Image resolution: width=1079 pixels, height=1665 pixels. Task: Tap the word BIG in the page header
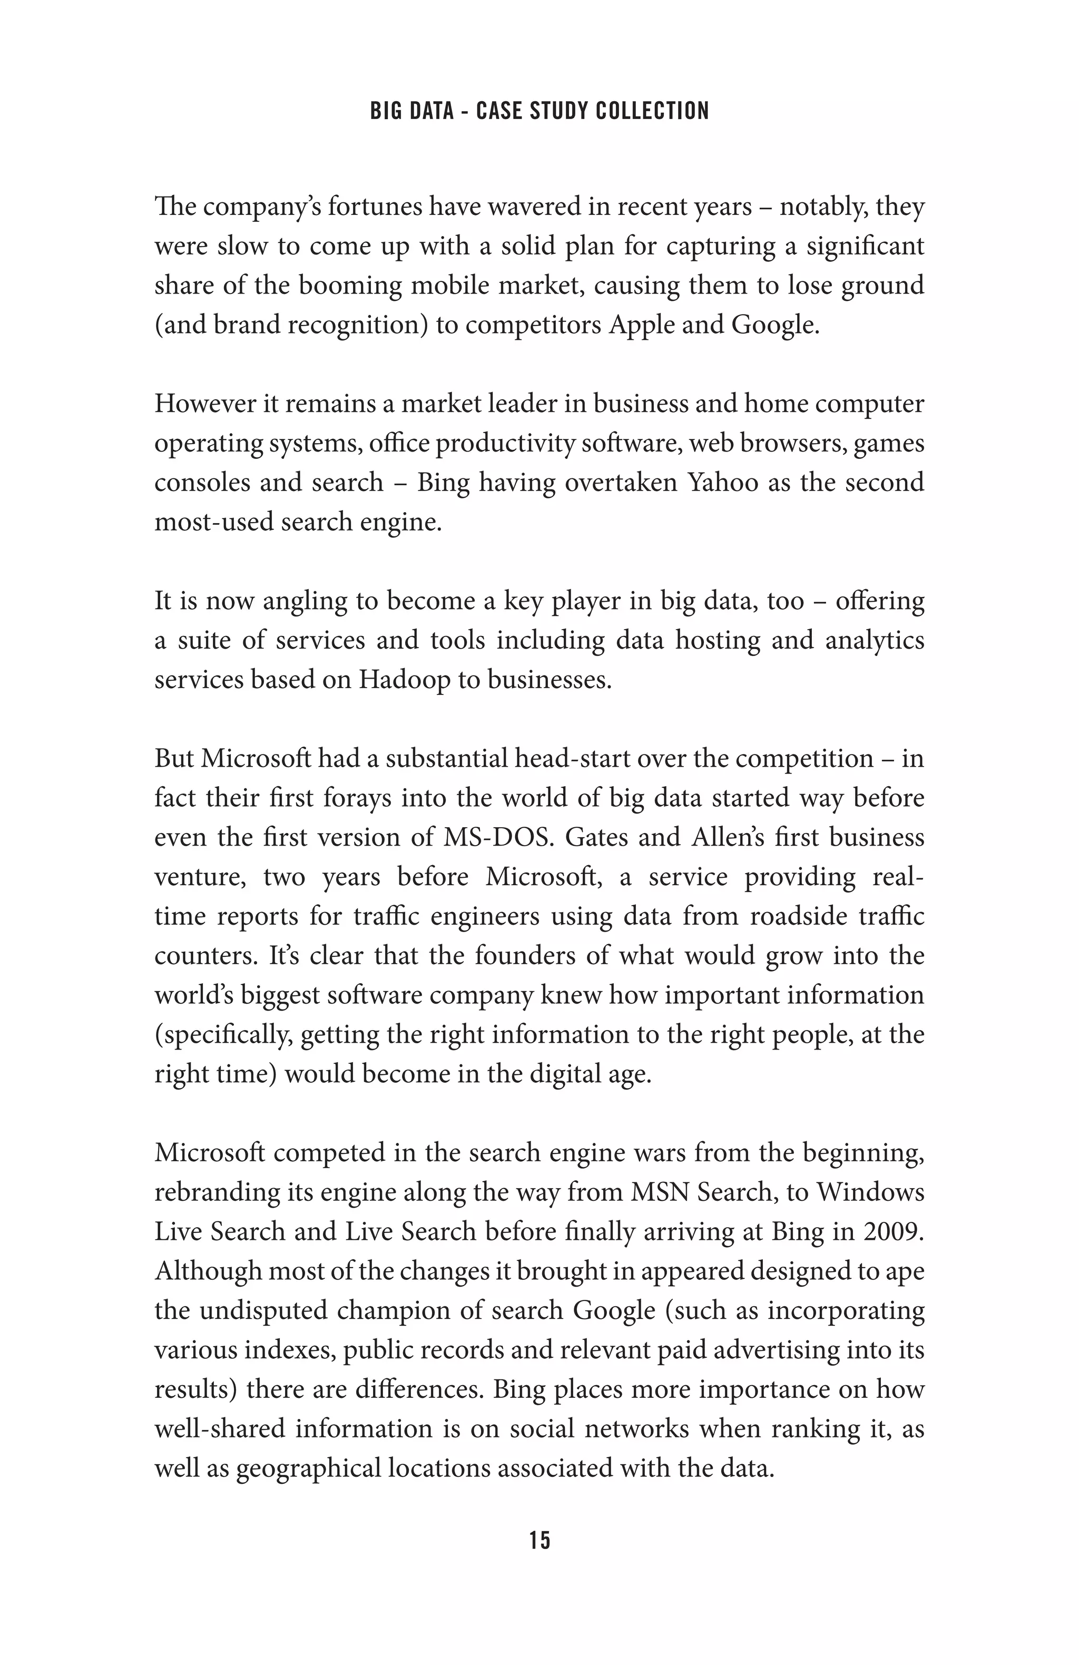coord(384,111)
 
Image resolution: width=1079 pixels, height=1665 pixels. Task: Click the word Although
coord(207,1270)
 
